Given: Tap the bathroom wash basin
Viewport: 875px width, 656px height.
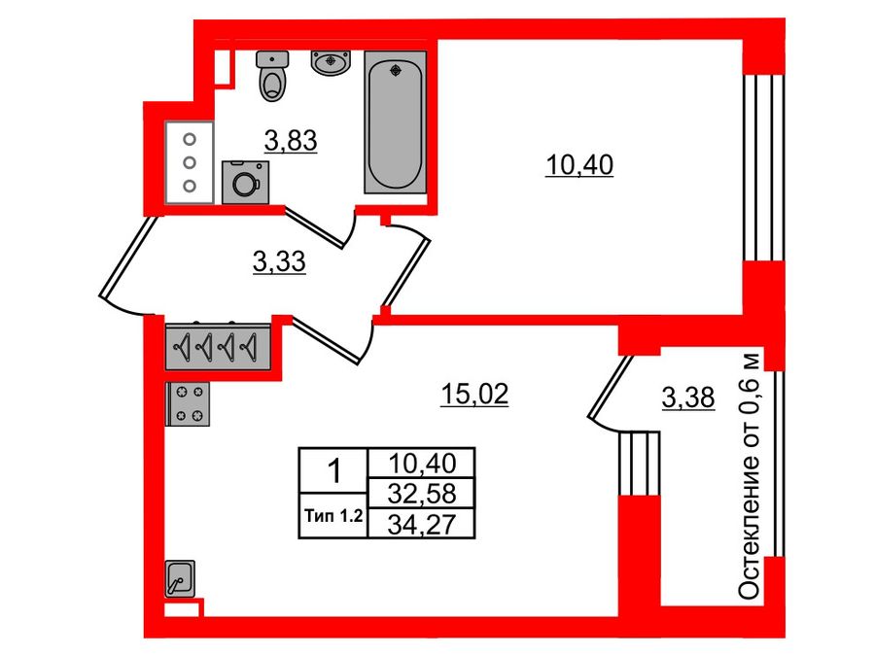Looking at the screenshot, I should tap(331, 61).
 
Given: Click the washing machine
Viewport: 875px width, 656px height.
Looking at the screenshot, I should tap(245, 182).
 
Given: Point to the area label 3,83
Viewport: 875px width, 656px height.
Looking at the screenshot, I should tap(292, 142).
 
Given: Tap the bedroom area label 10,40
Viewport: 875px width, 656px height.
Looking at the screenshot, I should tap(578, 166).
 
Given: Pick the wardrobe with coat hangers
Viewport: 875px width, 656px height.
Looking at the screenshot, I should tap(218, 345).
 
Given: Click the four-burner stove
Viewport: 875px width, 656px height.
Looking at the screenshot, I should tap(189, 403).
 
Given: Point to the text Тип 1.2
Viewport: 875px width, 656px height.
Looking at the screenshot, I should tap(332, 517).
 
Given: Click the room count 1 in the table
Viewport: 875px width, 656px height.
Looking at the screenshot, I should tap(333, 473).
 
